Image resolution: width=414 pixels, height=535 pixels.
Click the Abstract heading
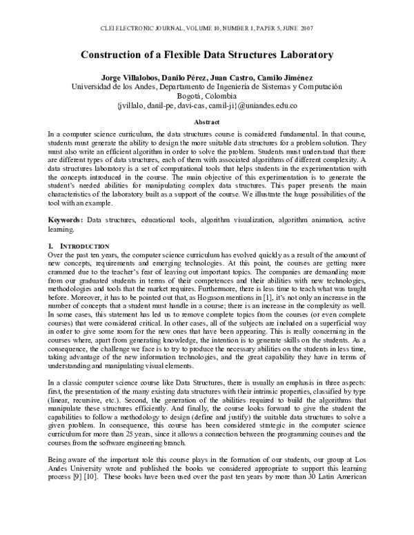coord(207,121)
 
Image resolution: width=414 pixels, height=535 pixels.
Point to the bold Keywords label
coord(64,219)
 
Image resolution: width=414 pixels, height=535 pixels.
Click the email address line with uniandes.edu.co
coord(207,106)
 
